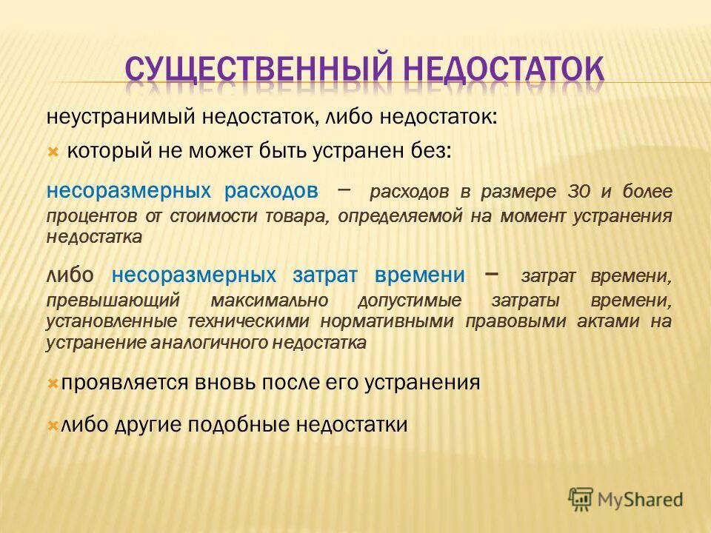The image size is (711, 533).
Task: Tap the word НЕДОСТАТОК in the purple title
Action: pyautogui.click(x=504, y=69)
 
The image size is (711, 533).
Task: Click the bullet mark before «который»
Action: pyautogui.click(x=53, y=152)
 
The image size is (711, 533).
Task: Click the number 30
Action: pyautogui.click(x=580, y=191)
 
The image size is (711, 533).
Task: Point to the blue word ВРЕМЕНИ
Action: pyautogui.click(x=420, y=275)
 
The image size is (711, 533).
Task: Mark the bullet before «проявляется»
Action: pyautogui.click(x=53, y=383)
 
